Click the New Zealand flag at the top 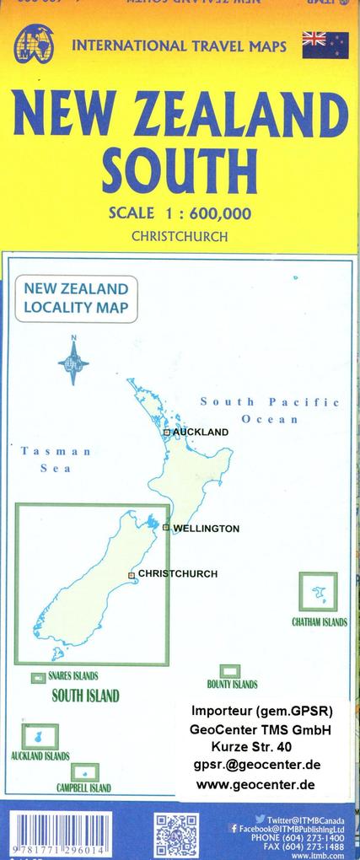[x=325, y=44]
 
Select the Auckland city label [x=200, y=432]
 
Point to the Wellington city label [x=206, y=529]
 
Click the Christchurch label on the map [x=177, y=574]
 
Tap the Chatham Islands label [x=319, y=622]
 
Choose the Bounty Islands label [x=232, y=685]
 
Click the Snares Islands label [x=73, y=675]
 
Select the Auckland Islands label [x=40, y=756]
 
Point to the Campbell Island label [x=83, y=788]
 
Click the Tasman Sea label [x=56, y=460]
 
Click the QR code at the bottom [x=176, y=836]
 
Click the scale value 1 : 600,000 [x=203, y=214]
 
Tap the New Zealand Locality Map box [x=76, y=297]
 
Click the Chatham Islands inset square [x=318, y=592]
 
